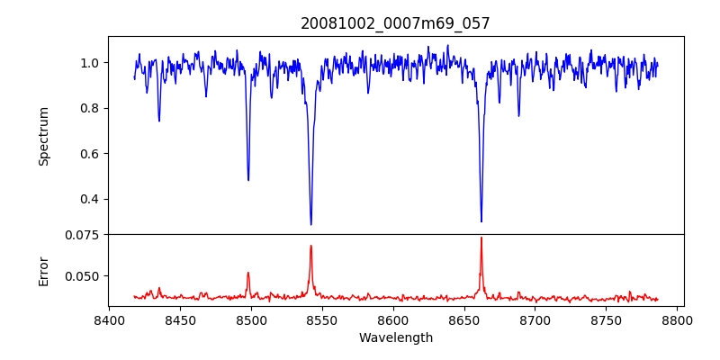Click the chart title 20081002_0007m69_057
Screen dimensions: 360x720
pos(396,24)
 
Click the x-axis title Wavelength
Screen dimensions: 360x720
pos(396,338)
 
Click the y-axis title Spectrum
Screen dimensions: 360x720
pos(43,136)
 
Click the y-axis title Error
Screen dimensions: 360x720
pos(43,270)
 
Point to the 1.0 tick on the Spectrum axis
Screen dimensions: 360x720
pos(91,63)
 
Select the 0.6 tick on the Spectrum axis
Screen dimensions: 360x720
pos(91,154)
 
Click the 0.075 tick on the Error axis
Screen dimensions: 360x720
pos(85,235)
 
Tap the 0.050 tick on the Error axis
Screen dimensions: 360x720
pos(85,276)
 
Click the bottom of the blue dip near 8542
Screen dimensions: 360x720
pos(310,224)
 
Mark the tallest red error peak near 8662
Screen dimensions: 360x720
pos(481,238)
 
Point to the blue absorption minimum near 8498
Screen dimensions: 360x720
pos(248,180)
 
